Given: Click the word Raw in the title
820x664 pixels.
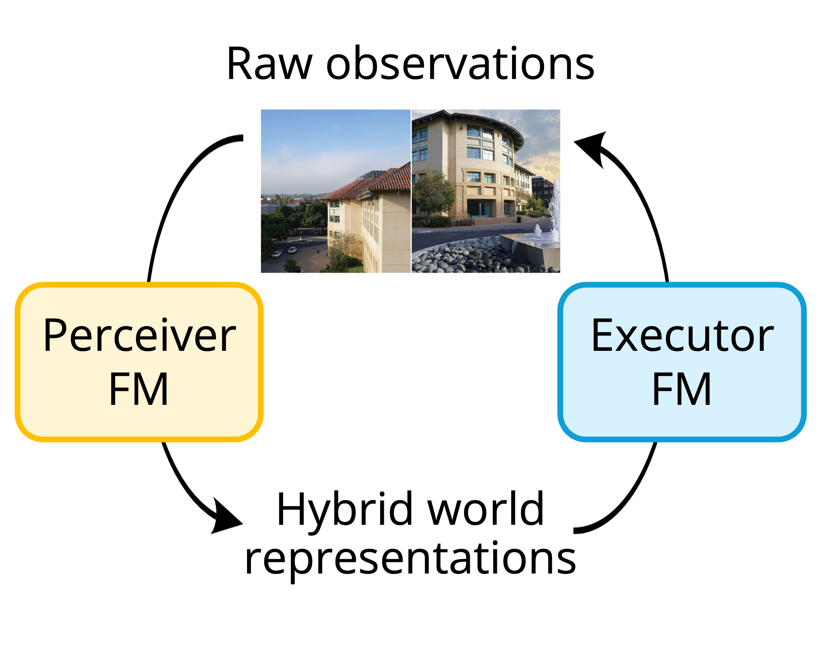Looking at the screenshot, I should [269, 64].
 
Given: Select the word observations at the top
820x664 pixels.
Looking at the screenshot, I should [460, 64].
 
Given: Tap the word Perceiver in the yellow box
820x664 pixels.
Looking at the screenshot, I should [139, 336].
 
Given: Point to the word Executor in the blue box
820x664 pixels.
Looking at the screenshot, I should [682, 336].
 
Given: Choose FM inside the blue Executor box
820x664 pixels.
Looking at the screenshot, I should [682, 389].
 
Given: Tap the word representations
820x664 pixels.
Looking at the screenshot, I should [410, 559].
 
